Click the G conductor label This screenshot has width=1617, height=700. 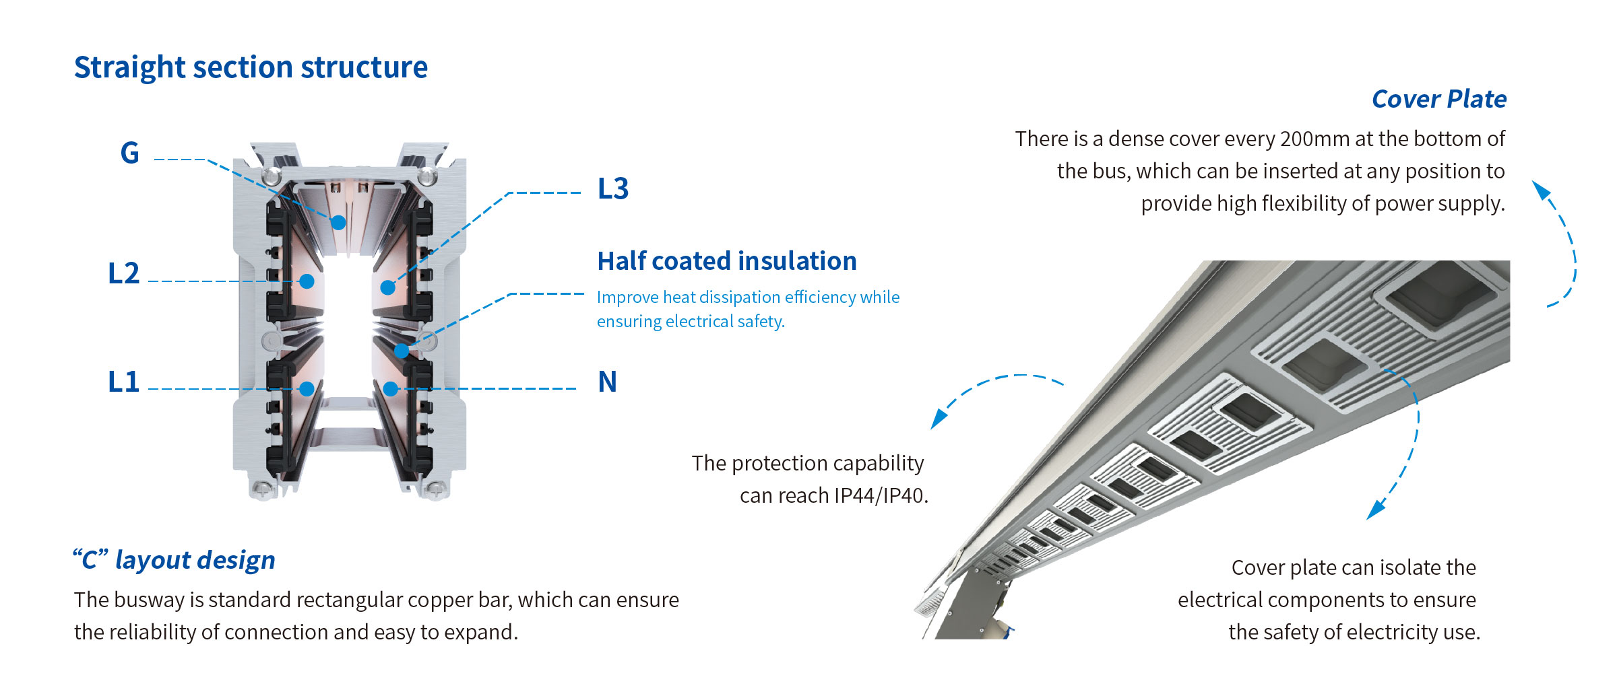[130, 153]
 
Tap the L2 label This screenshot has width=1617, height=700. [124, 273]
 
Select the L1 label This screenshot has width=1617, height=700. [124, 382]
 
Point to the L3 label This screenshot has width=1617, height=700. [613, 188]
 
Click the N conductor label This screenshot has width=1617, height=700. [608, 382]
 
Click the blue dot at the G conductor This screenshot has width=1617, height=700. [338, 222]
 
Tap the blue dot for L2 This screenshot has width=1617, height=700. [307, 281]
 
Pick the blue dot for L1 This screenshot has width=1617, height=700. [307, 388]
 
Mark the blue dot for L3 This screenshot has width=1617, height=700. [388, 287]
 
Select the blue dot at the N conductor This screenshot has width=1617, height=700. [391, 388]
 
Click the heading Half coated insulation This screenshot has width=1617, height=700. [727, 261]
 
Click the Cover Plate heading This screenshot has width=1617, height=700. [1439, 99]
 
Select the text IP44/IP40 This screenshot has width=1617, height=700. [881, 495]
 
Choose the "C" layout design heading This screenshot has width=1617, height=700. [175, 560]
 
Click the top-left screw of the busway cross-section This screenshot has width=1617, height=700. [272, 176]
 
